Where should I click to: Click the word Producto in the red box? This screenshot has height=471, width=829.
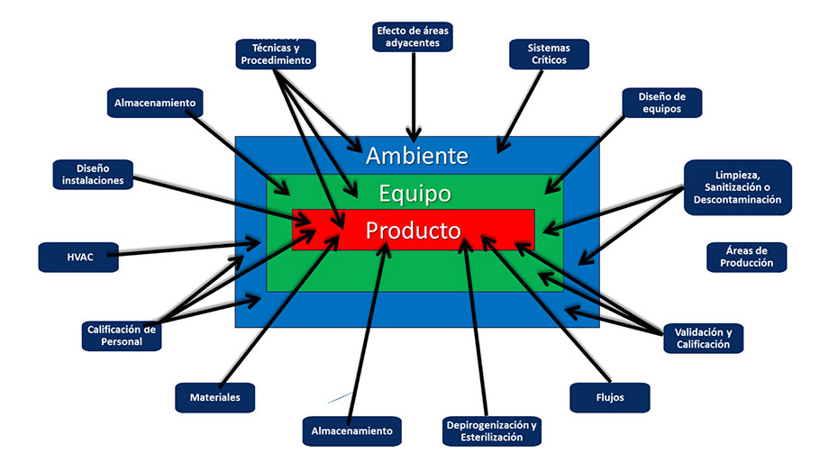(413, 231)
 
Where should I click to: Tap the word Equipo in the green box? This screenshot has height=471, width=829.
(414, 193)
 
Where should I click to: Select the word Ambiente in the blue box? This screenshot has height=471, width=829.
(416, 156)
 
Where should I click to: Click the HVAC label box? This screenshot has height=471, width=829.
(78, 257)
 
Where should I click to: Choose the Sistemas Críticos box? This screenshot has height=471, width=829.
(550, 53)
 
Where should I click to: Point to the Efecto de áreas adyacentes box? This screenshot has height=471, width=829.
(413, 36)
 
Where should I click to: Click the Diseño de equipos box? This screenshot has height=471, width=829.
(650, 103)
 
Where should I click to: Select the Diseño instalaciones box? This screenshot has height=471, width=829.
(94, 174)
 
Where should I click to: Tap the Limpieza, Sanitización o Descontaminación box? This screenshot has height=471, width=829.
(737, 186)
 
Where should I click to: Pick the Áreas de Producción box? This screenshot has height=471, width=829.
(747, 257)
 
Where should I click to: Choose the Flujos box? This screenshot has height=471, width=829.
(610, 396)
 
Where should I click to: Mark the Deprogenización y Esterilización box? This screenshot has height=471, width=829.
(491, 430)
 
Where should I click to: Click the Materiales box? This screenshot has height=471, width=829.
(214, 396)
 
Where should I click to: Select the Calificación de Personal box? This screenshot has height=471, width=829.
(122, 335)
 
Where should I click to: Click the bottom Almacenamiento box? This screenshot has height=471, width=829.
(351, 430)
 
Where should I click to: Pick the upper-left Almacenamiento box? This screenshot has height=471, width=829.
(155, 103)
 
